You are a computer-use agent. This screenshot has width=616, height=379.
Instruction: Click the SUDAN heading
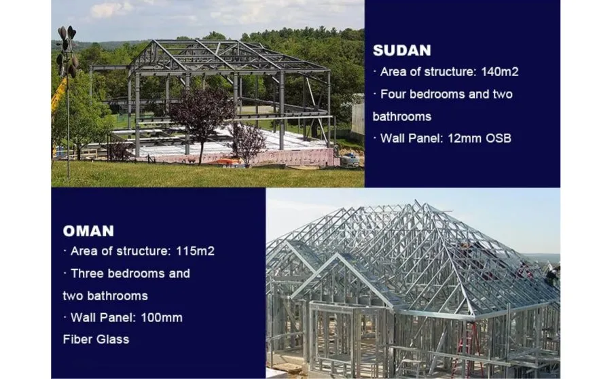[401, 50]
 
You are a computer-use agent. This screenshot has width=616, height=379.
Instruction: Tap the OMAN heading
[88, 230]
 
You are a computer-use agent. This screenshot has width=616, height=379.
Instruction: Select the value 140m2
[500, 71]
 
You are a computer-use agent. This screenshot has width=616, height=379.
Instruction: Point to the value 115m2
[195, 251]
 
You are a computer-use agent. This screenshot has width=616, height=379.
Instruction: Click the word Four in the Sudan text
[395, 94]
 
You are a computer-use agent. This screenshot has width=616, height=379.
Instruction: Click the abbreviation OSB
[499, 139]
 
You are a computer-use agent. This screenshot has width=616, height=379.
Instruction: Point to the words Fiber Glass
[96, 340]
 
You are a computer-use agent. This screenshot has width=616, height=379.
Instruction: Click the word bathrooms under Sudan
[402, 116]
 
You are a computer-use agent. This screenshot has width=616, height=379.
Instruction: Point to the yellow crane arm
[58, 97]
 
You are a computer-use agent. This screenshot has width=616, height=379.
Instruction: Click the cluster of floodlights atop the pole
[67, 50]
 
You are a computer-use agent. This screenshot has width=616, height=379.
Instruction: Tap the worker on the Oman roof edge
[553, 274]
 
